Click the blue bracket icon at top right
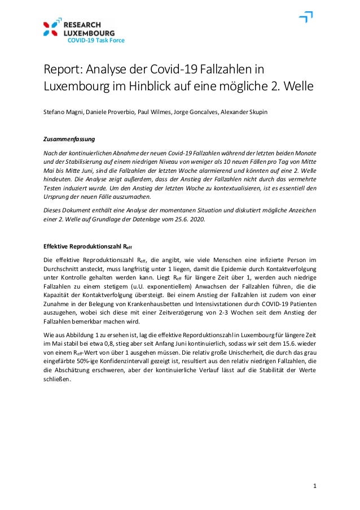tap(305, 18)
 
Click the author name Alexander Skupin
tap(243, 112)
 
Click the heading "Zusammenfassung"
tap(69, 139)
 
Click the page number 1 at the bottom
tap(315, 486)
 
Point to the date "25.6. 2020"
tap(191, 220)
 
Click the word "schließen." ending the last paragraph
tap(58, 379)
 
